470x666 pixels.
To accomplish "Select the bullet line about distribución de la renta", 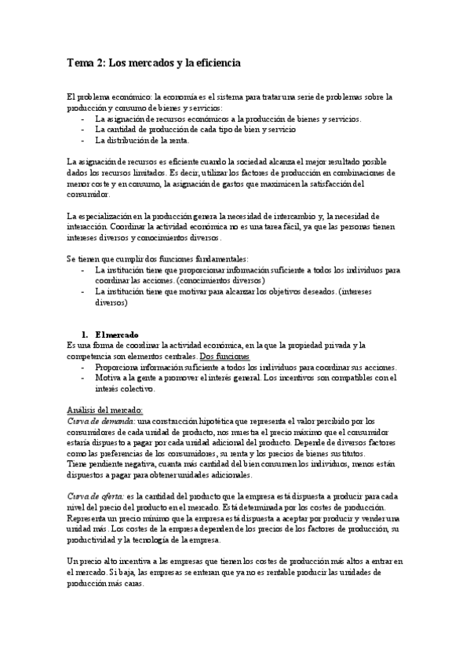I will pyautogui.click(x=142, y=141).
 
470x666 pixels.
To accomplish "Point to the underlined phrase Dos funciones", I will pyautogui.click(x=227, y=356).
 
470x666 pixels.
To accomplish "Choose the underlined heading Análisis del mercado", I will pyautogui.click(x=105, y=409).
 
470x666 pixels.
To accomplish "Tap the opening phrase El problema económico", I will pyautogui.click(x=108, y=97).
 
